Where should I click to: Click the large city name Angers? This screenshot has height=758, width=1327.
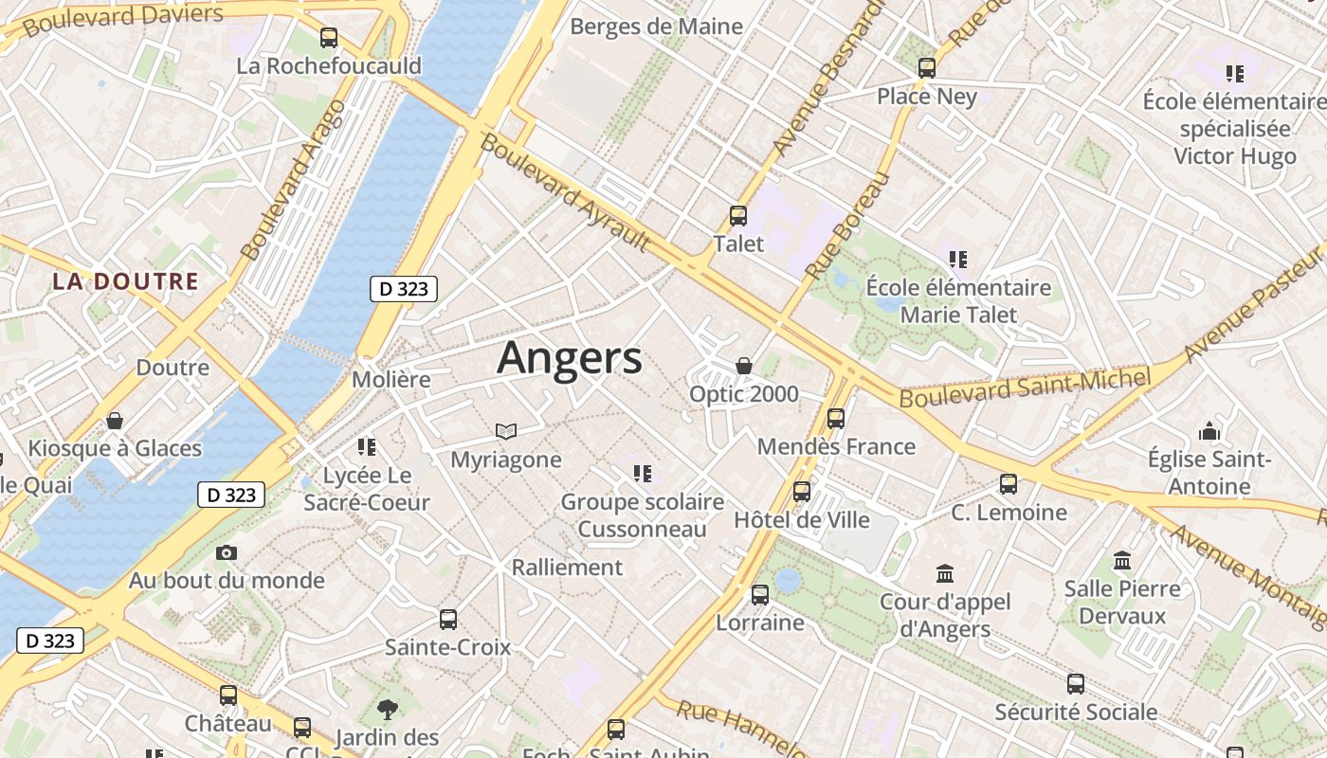click(x=570, y=358)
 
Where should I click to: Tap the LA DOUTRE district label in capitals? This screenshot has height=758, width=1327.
click(x=125, y=281)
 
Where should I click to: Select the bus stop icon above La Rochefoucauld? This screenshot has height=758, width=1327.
click(x=329, y=38)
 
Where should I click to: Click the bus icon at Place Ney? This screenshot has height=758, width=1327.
click(x=927, y=68)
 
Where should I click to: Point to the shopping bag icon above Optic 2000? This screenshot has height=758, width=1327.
click(x=744, y=366)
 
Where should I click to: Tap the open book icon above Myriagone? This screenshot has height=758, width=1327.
click(x=506, y=432)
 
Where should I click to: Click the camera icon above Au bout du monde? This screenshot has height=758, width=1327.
click(x=227, y=552)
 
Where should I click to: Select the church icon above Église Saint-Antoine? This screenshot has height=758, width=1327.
click(x=1209, y=432)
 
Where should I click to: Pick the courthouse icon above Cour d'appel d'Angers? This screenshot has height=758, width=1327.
click(x=945, y=573)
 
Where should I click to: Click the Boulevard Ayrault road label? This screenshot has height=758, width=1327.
click(x=566, y=193)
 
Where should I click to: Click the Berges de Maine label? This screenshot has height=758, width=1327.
click(x=656, y=27)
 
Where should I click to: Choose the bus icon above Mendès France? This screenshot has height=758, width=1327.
click(x=836, y=418)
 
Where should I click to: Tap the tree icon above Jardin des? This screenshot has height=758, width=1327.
click(x=387, y=709)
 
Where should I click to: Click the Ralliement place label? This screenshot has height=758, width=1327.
click(x=567, y=568)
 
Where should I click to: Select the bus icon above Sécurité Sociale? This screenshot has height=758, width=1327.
click(x=1076, y=684)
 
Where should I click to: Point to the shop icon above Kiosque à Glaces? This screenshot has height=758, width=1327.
click(x=115, y=420)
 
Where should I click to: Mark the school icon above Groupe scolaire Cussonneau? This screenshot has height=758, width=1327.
click(x=643, y=473)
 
